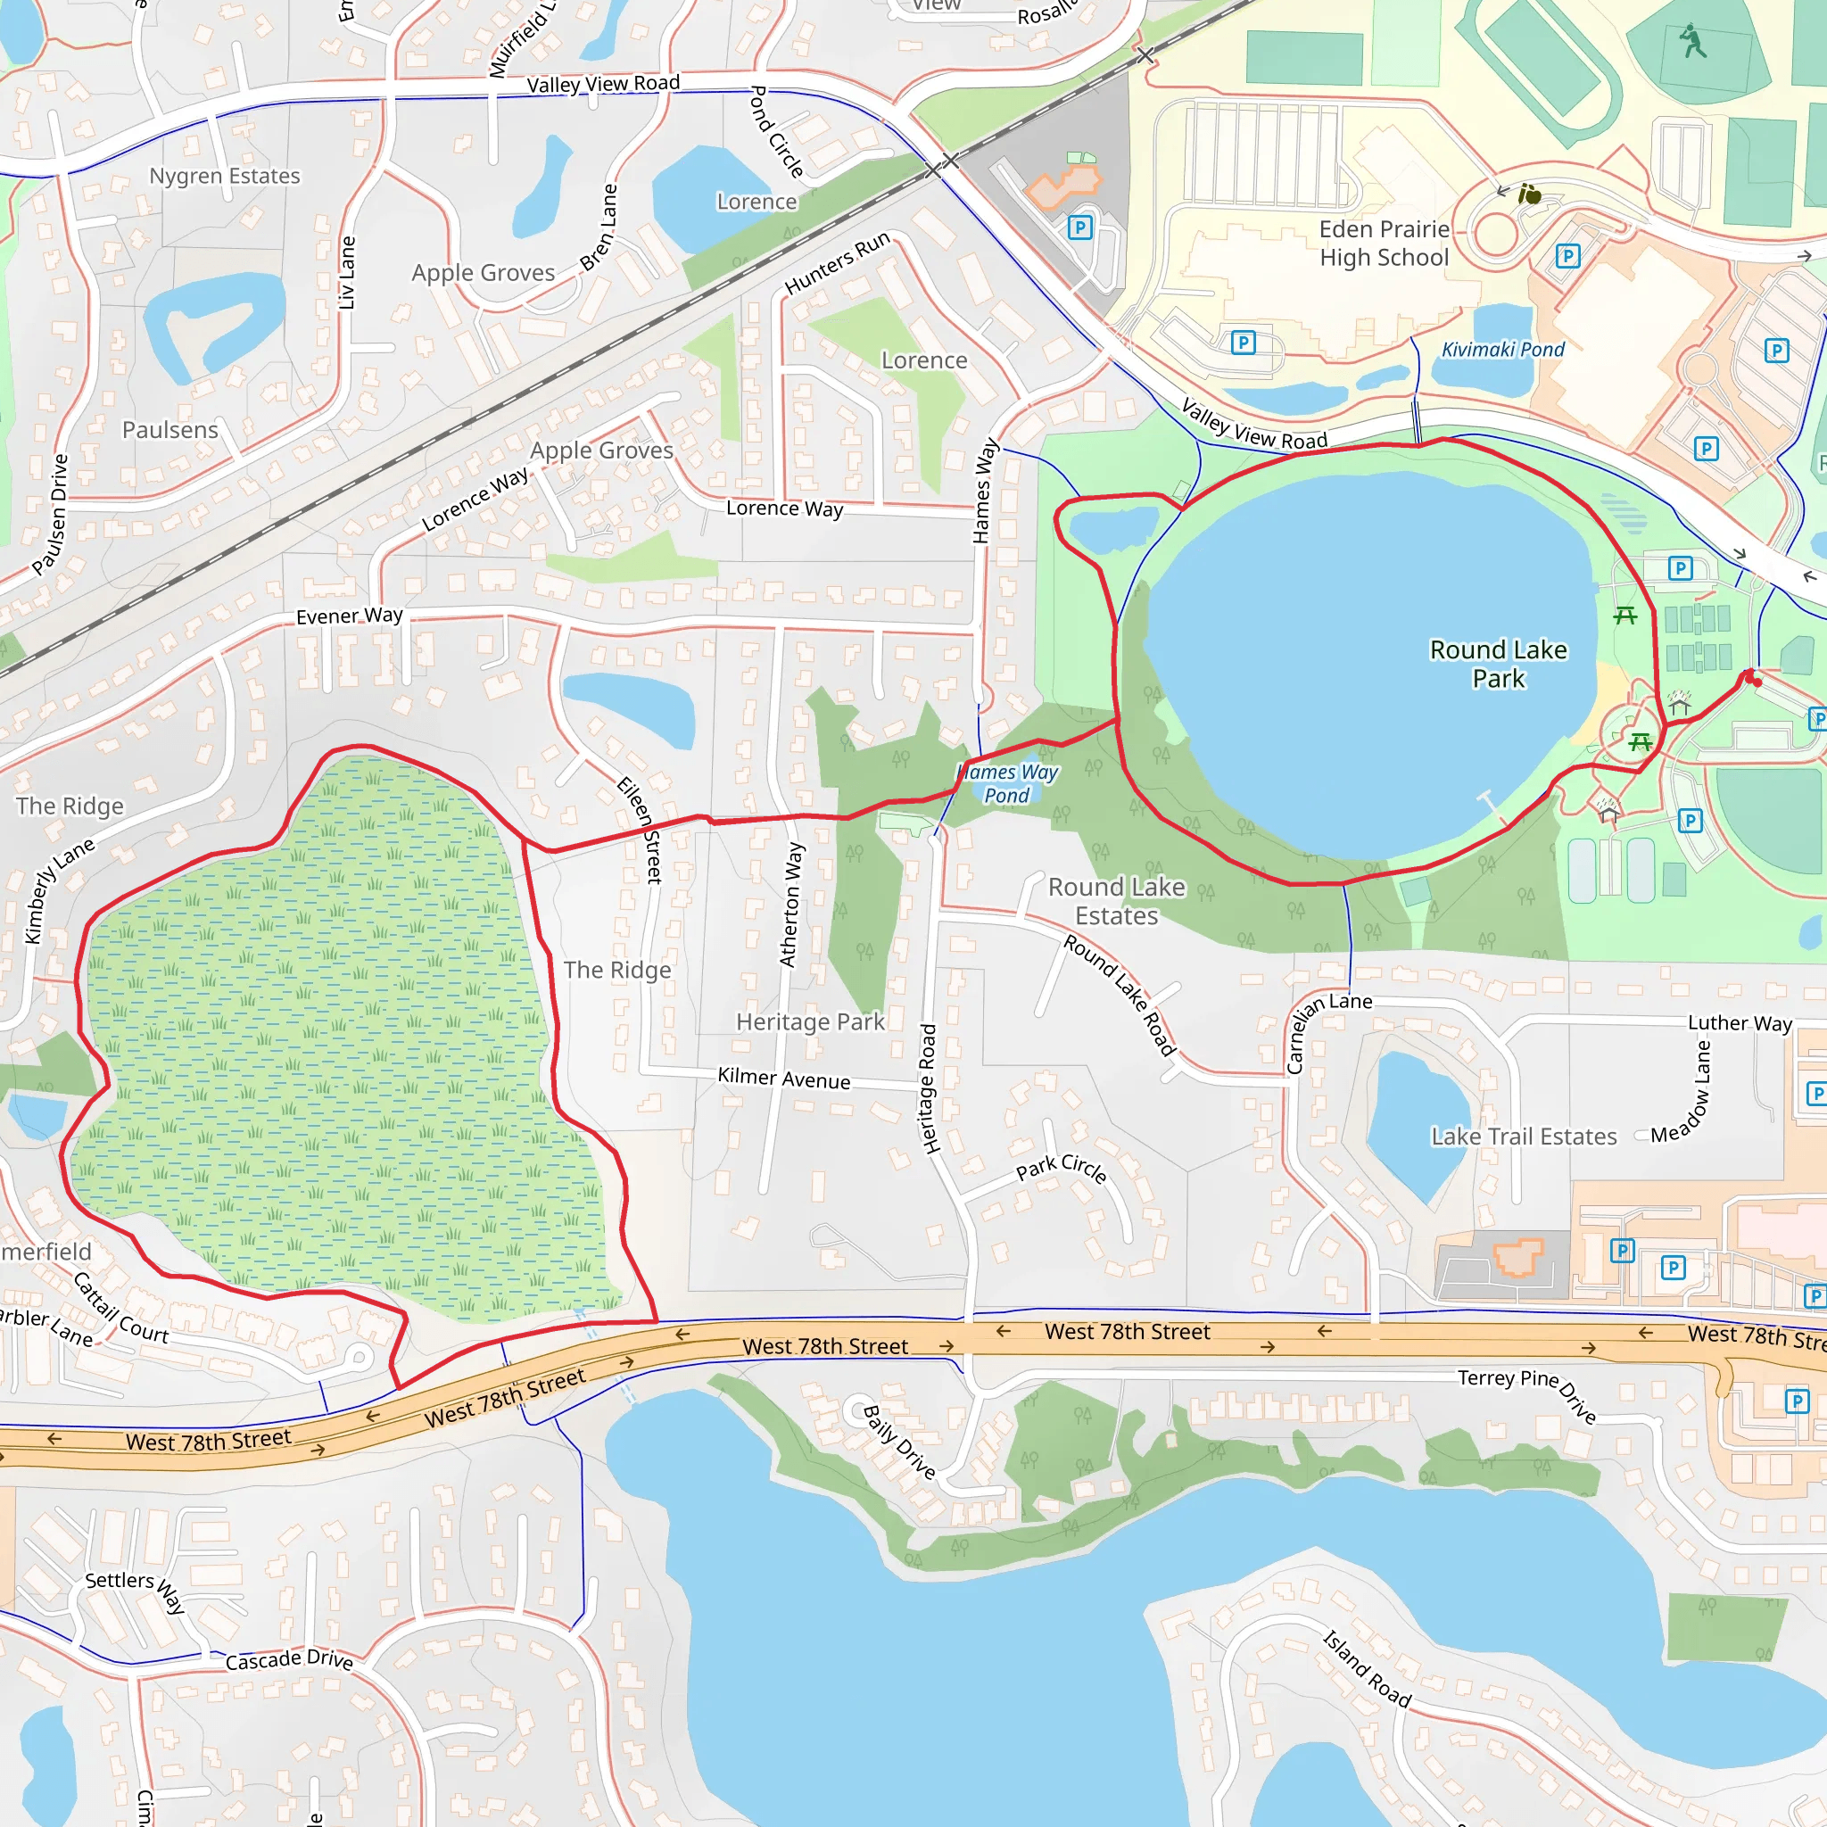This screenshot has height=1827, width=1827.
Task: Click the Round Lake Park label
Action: pyautogui.click(x=1498, y=664)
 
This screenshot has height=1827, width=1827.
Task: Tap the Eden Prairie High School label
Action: pyautogui.click(x=1384, y=243)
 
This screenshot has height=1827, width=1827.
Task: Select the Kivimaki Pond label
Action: pyautogui.click(x=1502, y=350)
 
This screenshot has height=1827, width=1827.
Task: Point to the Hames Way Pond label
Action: pyautogui.click(x=1007, y=784)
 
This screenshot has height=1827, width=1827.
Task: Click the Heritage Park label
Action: pyautogui.click(x=810, y=1021)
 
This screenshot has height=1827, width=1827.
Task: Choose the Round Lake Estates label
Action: pyautogui.click(x=1116, y=901)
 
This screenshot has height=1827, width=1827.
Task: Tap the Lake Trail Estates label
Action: pyautogui.click(x=1524, y=1137)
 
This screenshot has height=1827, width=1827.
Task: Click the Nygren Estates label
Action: pyautogui.click(x=225, y=176)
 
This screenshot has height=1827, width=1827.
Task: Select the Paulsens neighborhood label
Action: pyautogui.click(x=170, y=430)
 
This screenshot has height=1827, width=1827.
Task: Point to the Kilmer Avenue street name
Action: pyautogui.click(x=784, y=1078)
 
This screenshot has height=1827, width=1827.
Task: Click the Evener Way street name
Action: pyautogui.click(x=349, y=616)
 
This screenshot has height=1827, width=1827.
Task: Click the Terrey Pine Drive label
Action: pyautogui.click(x=1527, y=1395)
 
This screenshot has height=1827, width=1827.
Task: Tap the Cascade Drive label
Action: pyautogui.click(x=289, y=1659)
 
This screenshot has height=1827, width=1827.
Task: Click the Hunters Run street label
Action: pyautogui.click(x=837, y=262)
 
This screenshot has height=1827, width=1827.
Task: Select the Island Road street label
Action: pyautogui.click(x=1367, y=1669)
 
